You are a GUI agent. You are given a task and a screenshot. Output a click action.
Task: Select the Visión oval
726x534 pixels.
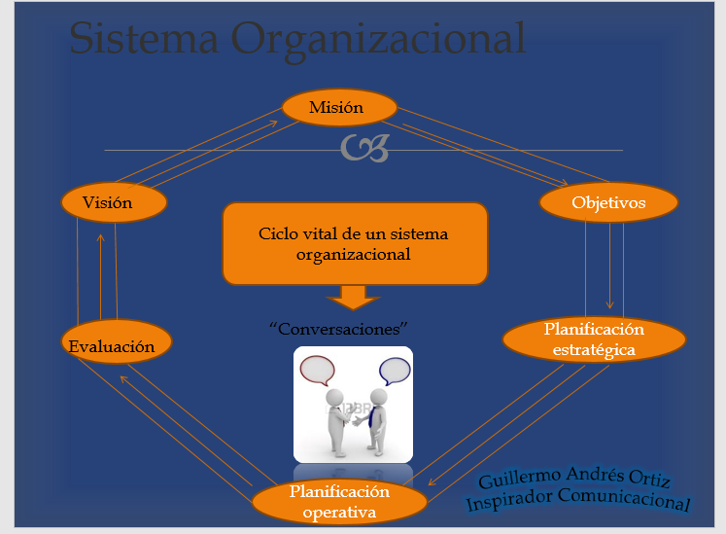tap(114, 202)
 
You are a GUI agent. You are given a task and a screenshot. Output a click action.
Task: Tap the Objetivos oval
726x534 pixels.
tap(607, 203)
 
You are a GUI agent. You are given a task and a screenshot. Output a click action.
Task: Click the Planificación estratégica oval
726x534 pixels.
tap(594, 338)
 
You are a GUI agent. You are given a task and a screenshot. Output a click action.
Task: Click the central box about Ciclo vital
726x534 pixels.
tap(353, 243)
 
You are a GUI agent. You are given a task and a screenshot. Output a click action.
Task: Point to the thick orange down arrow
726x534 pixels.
tap(353, 295)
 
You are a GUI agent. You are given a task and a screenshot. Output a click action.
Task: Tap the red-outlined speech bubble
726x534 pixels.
tap(317, 371)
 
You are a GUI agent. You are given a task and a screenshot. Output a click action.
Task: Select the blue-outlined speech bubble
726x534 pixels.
tap(394, 371)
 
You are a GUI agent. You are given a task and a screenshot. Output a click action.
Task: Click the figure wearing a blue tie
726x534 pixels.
tap(377, 418)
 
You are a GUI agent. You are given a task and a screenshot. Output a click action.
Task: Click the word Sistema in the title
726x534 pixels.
tap(135, 40)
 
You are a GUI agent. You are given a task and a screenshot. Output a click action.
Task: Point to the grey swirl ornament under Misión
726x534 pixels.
tap(364, 149)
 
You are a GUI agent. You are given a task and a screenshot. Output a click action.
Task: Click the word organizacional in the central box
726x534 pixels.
tap(353, 255)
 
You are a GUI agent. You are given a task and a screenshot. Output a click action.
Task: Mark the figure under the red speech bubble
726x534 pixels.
tap(335, 418)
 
